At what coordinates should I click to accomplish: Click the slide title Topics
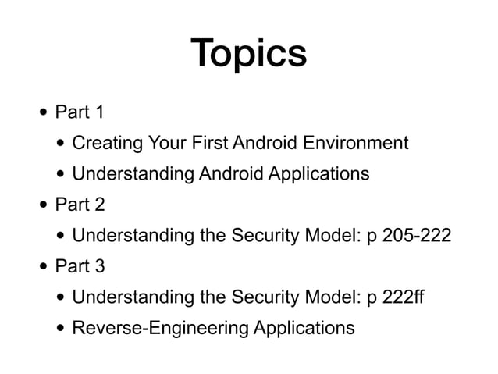click(249, 52)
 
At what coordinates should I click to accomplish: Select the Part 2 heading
click(80, 205)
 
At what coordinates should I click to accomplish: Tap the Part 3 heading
click(80, 266)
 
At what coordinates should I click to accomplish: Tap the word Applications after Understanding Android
click(318, 174)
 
